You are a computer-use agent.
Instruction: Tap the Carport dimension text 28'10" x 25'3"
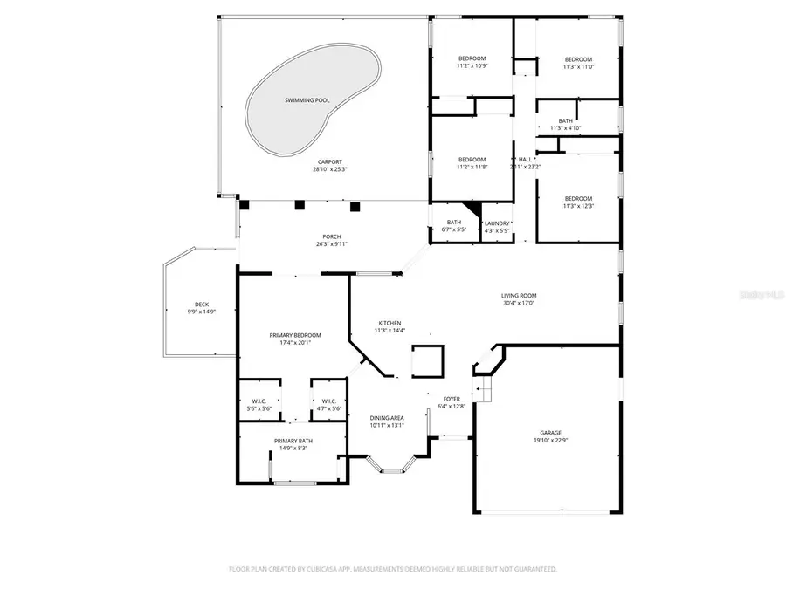(329, 169)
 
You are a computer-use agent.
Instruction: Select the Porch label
(332, 236)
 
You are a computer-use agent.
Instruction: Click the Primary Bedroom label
(293, 335)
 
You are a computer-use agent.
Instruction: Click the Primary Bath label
(293, 441)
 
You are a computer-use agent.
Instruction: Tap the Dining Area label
(387, 418)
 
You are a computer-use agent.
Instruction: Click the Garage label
(549, 433)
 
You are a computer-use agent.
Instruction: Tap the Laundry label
(497, 223)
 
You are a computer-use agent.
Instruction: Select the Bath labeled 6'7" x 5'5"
(454, 223)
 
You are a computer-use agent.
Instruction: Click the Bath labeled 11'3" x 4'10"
(566, 120)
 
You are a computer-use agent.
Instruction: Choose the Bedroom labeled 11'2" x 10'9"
(472, 58)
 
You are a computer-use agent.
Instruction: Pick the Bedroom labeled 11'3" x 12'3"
(577, 198)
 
